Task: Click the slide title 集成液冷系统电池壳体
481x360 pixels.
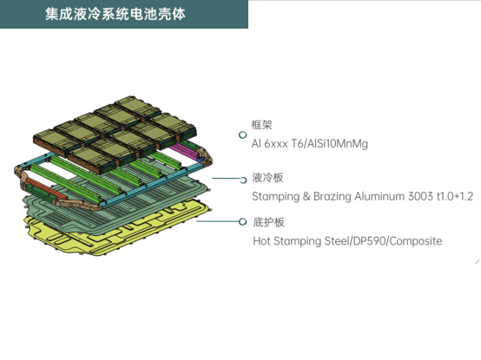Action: tap(115, 14)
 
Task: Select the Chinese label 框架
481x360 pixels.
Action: tap(261, 125)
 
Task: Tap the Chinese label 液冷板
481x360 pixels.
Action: tap(267, 178)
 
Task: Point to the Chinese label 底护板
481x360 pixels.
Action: tap(269, 222)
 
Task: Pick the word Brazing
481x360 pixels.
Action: tap(333, 196)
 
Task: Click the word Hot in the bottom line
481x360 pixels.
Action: tap(261, 241)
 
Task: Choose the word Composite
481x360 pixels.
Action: tap(416, 241)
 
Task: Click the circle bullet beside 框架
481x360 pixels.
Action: tap(242, 134)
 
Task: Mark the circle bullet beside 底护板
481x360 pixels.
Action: tap(242, 221)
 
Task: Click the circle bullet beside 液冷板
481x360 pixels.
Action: tap(243, 180)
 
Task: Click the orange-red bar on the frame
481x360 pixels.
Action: tap(46, 188)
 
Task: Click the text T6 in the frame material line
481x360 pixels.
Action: tap(297, 143)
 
